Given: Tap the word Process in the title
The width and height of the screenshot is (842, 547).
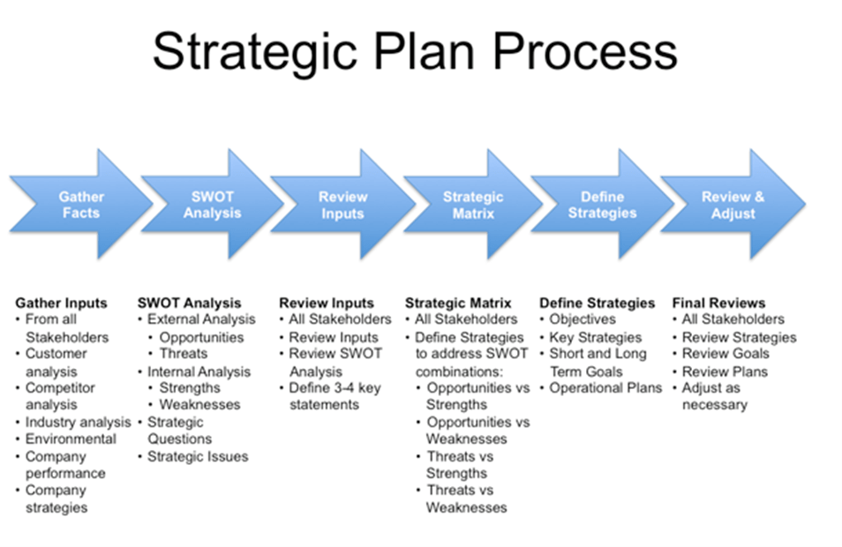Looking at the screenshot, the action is (x=585, y=51).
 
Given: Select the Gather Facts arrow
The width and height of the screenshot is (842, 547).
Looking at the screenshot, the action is (x=81, y=205).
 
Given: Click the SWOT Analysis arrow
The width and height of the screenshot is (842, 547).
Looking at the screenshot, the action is (x=212, y=205).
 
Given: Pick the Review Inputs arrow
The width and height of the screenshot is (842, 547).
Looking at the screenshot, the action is (x=342, y=205).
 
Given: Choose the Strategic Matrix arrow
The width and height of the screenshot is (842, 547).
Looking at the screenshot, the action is (x=473, y=205).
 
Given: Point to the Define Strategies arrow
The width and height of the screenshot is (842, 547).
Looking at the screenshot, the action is (x=602, y=205).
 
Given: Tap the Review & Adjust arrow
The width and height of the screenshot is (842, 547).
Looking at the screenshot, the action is (x=733, y=205).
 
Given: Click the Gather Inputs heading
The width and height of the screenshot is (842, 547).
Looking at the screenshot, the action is (x=61, y=303).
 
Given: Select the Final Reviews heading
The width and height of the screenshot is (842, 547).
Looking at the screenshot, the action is (x=718, y=303).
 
